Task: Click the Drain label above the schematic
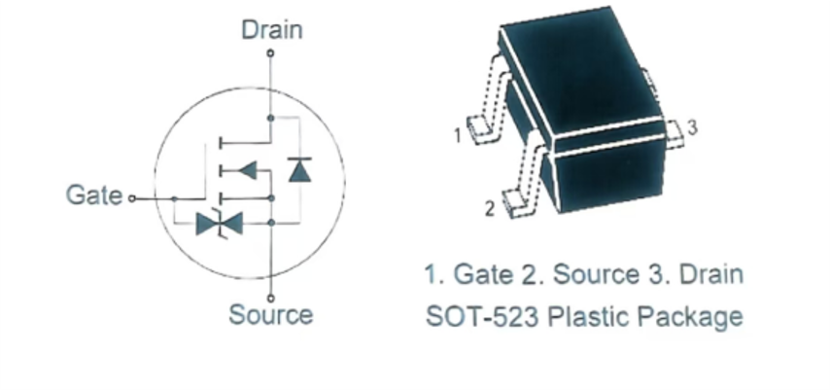[x=271, y=29]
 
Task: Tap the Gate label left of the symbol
[x=94, y=195]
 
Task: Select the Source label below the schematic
[x=270, y=315]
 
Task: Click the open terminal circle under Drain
[x=270, y=53]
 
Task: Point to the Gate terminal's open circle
[x=132, y=198]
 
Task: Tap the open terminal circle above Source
[x=270, y=299]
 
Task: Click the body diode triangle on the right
[x=299, y=169]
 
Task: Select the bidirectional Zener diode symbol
[x=219, y=224]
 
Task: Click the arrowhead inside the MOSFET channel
[x=248, y=170]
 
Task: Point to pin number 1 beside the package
[x=458, y=135]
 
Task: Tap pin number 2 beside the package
[x=490, y=209]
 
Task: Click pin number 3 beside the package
[x=692, y=127]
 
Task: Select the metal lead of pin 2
[x=524, y=175]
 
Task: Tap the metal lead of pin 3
[x=674, y=133]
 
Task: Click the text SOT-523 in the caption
[x=482, y=317]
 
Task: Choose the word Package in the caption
[x=690, y=318]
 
